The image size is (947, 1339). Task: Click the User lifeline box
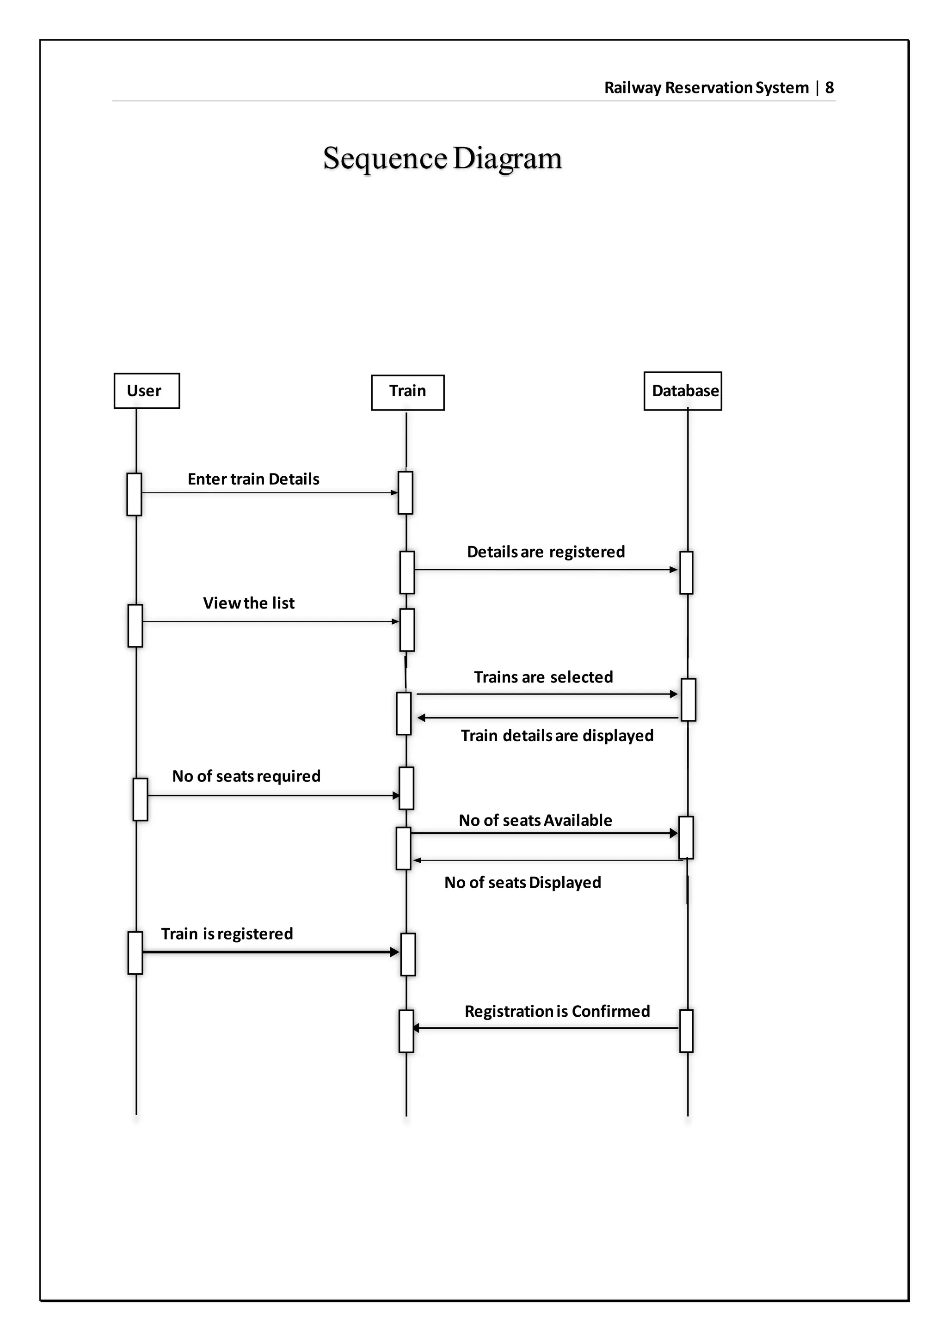coord(147,391)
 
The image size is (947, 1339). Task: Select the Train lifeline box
coord(407,392)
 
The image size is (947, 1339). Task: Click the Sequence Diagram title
coord(442,159)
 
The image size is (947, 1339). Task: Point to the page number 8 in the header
coord(829,88)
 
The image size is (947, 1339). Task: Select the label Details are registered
coord(545,552)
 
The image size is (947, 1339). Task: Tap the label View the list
coord(248,603)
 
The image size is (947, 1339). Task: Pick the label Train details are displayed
coord(556,736)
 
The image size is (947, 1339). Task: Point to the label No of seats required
coord(246,776)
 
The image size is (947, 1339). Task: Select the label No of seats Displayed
coord(522,883)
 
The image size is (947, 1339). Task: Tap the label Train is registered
coord(227,934)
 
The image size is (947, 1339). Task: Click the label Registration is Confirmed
coord(556,1011)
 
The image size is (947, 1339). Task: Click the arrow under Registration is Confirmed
coord(545,1028)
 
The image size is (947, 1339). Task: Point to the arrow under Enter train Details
coord(268,493)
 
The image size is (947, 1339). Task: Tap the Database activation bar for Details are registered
coord(686,573)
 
